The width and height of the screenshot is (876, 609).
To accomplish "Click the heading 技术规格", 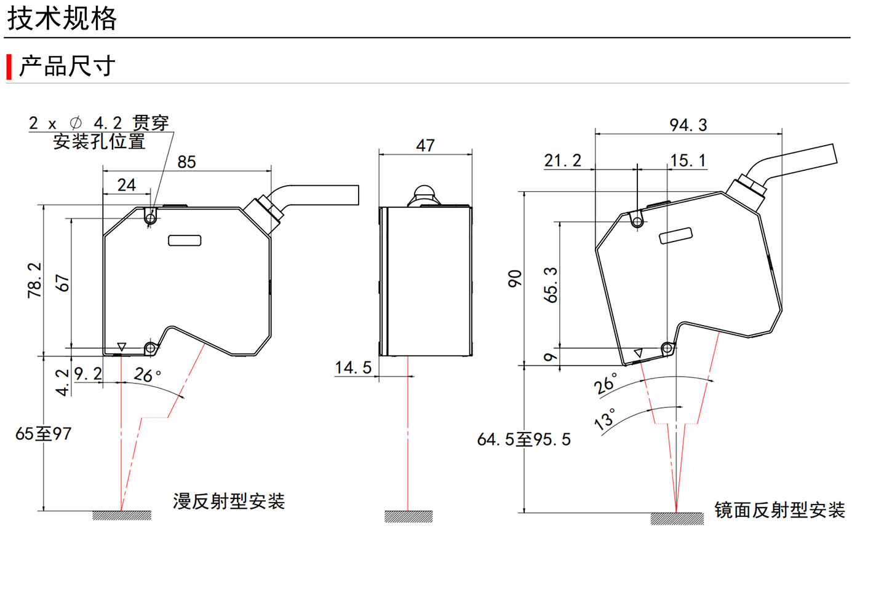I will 62,18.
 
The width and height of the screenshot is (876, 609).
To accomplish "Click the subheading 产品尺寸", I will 67,66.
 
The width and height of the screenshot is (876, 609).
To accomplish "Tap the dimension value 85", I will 186,162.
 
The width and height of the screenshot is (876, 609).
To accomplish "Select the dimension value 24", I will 126,185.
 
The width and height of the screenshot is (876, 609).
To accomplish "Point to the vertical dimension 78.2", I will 34,280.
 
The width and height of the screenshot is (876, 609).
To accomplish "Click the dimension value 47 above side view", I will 425,146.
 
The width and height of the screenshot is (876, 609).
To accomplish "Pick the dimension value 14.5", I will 353,367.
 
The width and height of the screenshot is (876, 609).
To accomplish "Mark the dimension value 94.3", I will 688,125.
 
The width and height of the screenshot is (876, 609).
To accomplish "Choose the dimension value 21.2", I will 562,160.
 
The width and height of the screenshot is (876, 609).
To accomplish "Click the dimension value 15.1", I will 688,160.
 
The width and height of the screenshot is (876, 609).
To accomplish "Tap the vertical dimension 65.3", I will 551,285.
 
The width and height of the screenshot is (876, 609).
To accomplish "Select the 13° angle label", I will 605,418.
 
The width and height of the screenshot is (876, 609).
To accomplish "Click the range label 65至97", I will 43,434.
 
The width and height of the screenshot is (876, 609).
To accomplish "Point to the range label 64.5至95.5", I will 524,439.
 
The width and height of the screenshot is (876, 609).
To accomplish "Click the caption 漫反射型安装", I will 229,501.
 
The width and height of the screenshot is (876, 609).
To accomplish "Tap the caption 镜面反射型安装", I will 779,510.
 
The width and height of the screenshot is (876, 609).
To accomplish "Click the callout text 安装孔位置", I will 99,141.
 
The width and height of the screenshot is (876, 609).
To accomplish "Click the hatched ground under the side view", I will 408,516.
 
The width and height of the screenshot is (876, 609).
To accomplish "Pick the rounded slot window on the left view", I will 185,240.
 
